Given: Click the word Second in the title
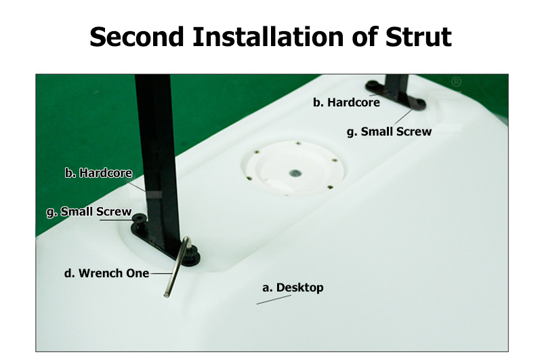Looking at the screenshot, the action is (x=137, y=37).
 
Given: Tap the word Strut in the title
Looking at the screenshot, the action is (x=418, y=37).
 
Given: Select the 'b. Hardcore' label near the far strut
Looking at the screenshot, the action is (x=346, y=102).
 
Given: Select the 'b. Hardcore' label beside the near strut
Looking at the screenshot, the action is (x=98, y=173).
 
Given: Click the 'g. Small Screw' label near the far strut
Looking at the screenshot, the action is (x=389, y=132).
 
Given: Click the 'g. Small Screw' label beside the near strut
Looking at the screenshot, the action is (x=89, y=212).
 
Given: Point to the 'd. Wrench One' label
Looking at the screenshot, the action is (x=106, y=273).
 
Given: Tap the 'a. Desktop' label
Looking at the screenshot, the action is (x=293, y=287).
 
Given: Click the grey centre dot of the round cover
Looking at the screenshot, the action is (x=295, y=173).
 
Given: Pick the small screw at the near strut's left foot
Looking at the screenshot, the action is (x=140, y=218).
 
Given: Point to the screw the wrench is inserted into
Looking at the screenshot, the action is (x=192, y=254).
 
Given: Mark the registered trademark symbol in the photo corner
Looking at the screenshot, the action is (x=456, y=82).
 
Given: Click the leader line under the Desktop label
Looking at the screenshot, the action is (x=274, y=300).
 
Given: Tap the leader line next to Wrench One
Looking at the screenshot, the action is (x=161, y=273).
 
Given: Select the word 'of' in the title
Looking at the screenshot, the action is (x=364, y=37).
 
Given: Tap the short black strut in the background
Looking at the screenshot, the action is (x=396, y=87).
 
